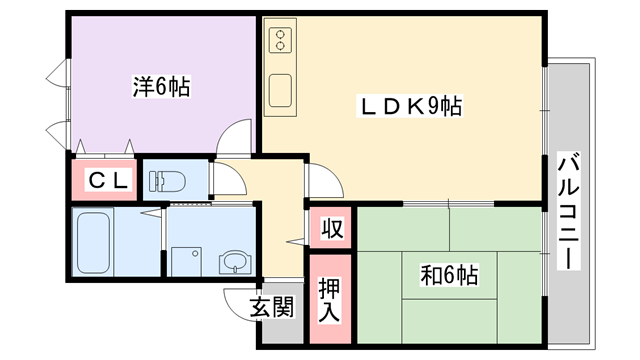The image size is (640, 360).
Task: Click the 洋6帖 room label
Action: click(161, 87)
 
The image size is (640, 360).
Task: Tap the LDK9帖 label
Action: click(409, 106)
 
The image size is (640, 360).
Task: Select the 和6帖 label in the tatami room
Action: click(449, 275)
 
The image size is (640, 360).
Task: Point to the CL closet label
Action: click(108, 180)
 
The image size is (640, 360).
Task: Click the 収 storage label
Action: click(331, 228)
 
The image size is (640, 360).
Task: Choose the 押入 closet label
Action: click(329, 300)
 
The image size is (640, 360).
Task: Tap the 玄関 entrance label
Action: click(271, 306)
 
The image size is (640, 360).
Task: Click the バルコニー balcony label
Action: click(569, 211)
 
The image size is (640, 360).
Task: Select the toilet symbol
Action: click(167, 181)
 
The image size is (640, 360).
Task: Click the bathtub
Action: click(93, 242)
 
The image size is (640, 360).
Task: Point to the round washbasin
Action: click(235, 262)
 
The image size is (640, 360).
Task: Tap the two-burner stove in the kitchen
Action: click(280, 40)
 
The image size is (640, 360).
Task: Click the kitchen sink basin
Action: click(280, 91)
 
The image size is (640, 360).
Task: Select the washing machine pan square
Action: click(186, 262)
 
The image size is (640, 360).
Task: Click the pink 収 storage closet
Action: click(331, 227)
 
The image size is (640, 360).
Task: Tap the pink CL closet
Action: click(104, 180)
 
